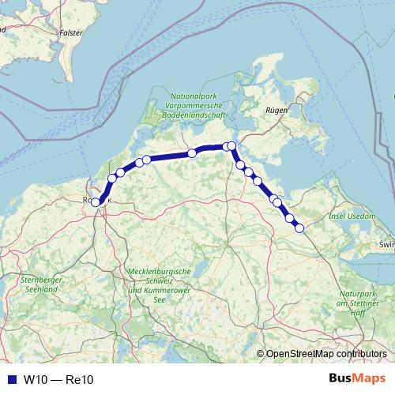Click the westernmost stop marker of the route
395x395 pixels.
point(96,202)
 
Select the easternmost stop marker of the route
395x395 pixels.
point(299,228)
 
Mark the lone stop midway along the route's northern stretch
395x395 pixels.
point(192,153)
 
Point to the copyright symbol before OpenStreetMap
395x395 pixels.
point(261,355)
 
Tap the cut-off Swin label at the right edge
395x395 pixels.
point(386,246)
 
